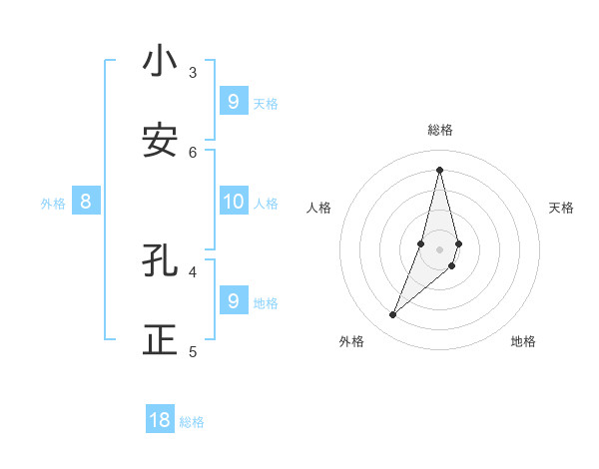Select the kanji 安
pos(160,141)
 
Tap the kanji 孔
pos(160,260)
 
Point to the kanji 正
pos(160,340)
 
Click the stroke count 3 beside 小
pos(193,72)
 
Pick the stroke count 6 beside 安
pos(193,152)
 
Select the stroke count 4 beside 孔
pos(193,271)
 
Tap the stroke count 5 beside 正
pos(193,351)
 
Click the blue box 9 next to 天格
pos(233,101)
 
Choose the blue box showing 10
pos(233,202)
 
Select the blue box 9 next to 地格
pos(233,300)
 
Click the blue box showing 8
pos(86,202)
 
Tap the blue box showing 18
pos(160,420)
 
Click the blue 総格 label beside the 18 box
pos(192,422)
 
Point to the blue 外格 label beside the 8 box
pos(53,204)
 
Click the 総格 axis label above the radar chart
pos(440,130)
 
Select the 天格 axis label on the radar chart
pos(561,208)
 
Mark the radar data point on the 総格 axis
pos(439,170)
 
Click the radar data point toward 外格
pos(393,315)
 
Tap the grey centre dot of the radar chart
pos(439,249)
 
